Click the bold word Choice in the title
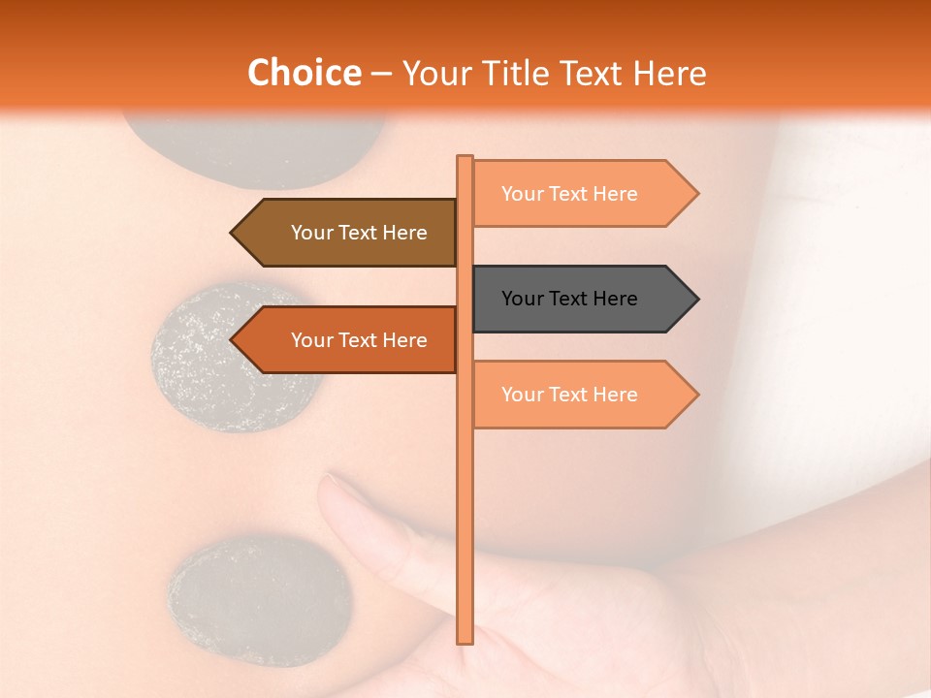pos(304,73)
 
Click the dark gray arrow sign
pos(582,299)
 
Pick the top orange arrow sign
pos(582,194)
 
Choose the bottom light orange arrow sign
pos(582,395)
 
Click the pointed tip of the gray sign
pos(695,299)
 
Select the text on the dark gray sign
pos(569,299)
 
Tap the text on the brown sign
pos(359,233)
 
